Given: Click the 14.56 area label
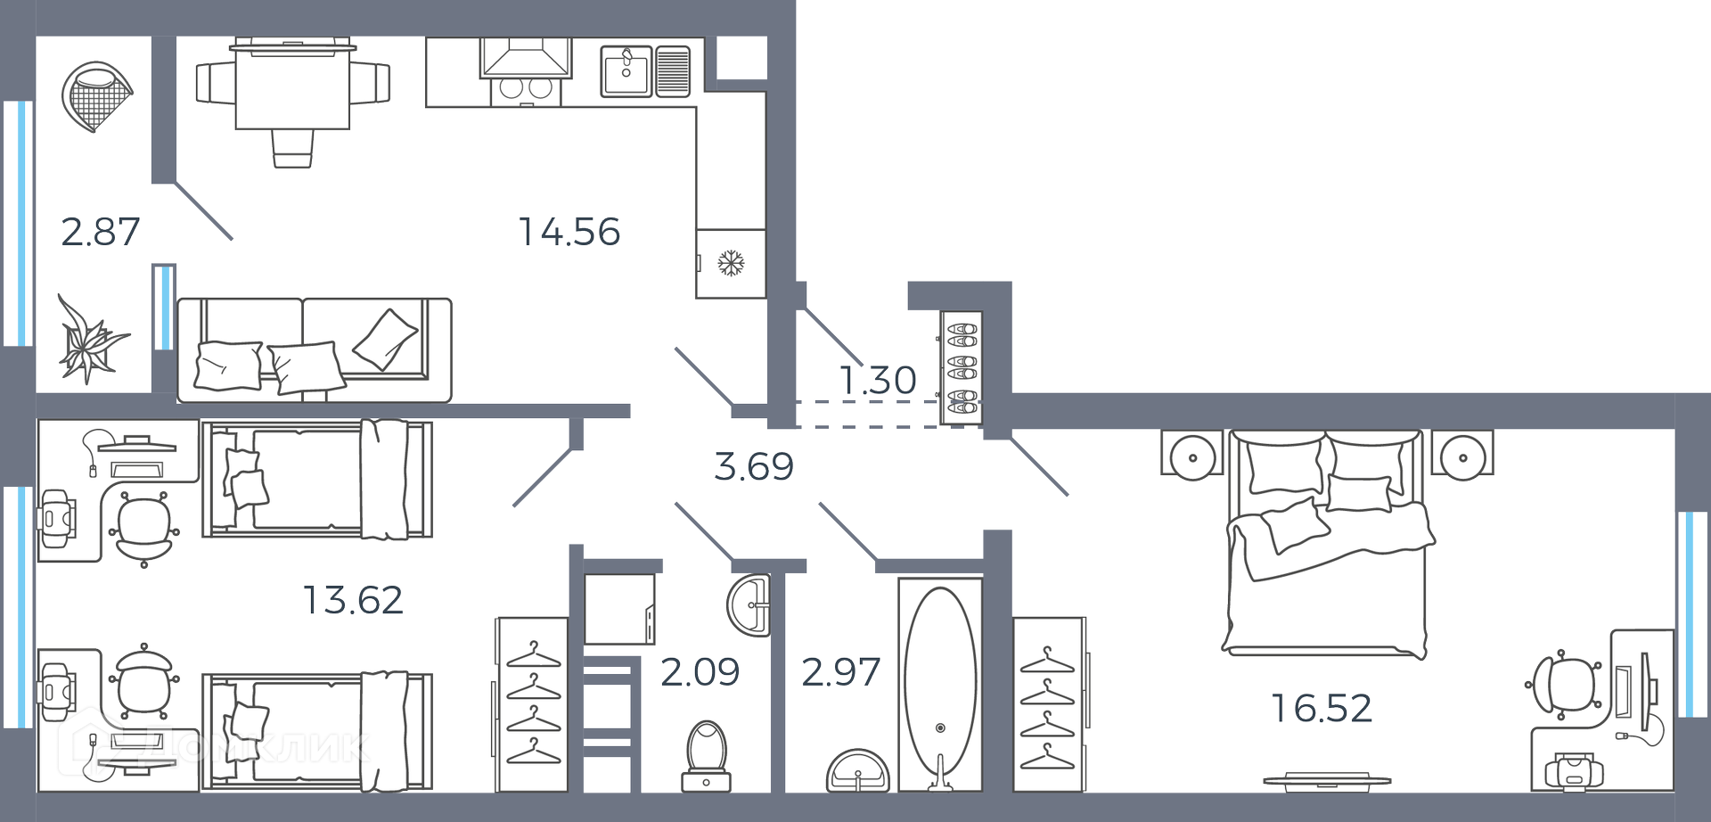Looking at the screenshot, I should pos(569,232).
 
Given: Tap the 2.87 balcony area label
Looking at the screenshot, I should pos(100,232).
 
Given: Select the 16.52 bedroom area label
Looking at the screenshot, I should pos(1322,708).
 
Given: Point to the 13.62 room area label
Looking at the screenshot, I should pos(353,600).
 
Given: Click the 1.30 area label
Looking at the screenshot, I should pos(878,380).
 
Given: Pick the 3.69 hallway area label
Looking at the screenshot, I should pos(754,466).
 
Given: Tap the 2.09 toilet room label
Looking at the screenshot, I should pos(700,671).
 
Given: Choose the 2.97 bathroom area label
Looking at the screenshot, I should pos(840,671).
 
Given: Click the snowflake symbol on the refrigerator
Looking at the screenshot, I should pos(731,263).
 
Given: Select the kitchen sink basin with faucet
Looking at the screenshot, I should pos(627,71).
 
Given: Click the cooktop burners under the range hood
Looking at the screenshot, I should pos(524,89).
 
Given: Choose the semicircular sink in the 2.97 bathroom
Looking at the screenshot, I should pos(857,772).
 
